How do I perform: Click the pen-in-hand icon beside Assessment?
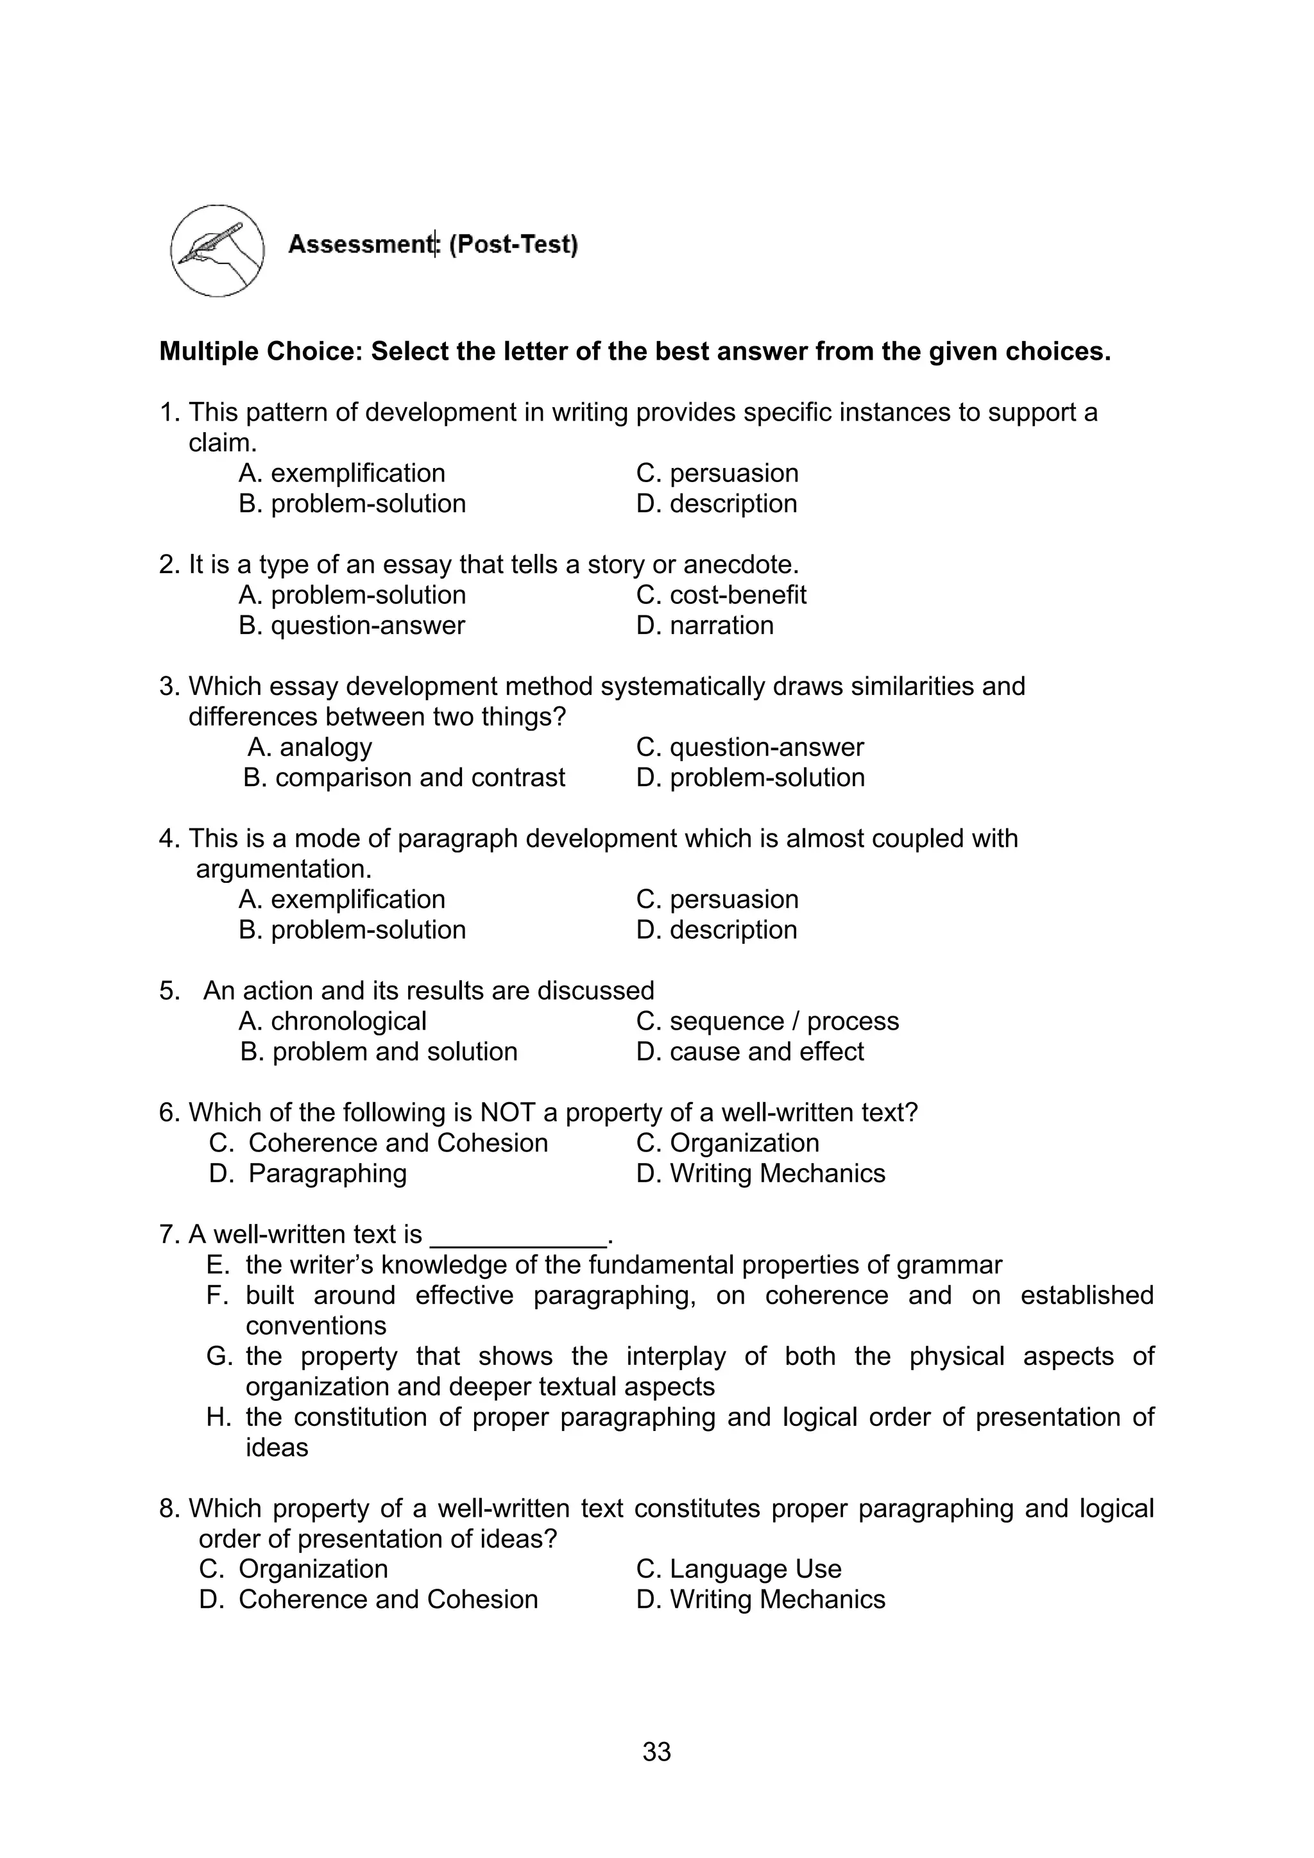pyautogui.click(x=217, y=250)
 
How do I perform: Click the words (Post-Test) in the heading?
pyautogui.click(x=513, y=244)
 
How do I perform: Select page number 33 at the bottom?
pyautogui.click(x=656, y=1751)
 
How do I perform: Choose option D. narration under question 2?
pyautogui.click(x=704, y=626)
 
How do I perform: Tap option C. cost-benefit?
pyautogui.click(x=721, y=595)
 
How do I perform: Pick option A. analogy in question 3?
pyautogui.click(x=309, y=747)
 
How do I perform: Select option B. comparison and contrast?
pyautogui.click(x=404, y=778)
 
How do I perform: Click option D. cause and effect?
pyautogui.click(x=749, y=1051)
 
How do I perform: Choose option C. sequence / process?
pyautogui.click(x=767, y=1021)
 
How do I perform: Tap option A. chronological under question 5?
pyautogui.click(x=332, y=1021)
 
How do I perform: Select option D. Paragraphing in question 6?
pyautogui.click(x=308, y=1173)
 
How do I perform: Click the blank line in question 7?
pyautogui.click(x=518, y=1235)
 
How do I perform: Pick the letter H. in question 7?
pyautogui.click(x=219, y=1417)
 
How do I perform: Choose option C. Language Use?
pyautogui.click(x=738, y=1569)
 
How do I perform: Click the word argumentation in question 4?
pyautogui.click(x=284, y=869)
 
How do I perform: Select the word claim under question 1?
pyautogui.click(x=219, y=442)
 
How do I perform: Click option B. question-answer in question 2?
pyautogui.click(x=352, y=626)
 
